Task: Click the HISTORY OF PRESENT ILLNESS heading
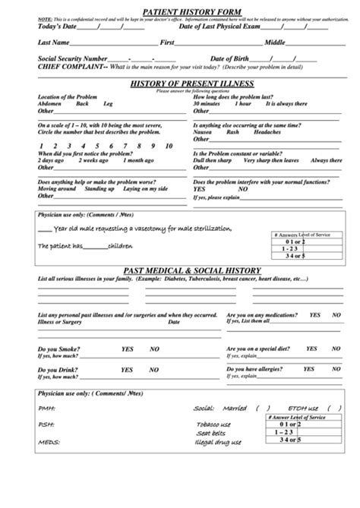[182, 83]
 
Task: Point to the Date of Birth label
[229, 58]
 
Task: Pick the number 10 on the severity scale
[156, 144]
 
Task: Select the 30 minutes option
[207, 103]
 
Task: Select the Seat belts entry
[210, 433]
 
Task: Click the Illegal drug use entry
[219, 443]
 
